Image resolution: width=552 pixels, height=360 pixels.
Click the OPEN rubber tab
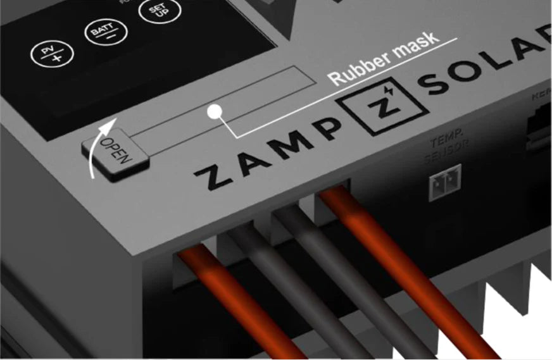(116, 151)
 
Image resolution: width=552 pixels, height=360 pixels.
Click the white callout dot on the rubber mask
(215, 113)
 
